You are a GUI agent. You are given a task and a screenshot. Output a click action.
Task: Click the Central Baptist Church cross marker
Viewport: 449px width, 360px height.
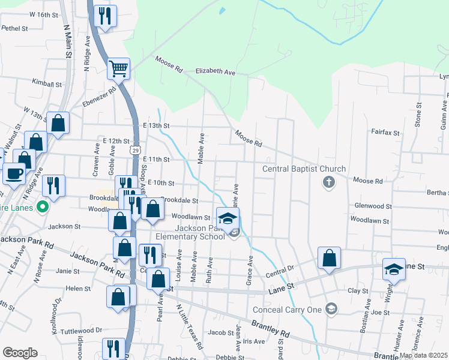[x=328, y=182]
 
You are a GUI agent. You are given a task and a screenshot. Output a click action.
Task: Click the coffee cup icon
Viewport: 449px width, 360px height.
[x=14, y=173]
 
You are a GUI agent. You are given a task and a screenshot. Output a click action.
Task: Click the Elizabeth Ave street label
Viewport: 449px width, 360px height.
[x=215, y=71]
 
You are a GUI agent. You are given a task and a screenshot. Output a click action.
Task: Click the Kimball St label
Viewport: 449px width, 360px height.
[x=47, y=84]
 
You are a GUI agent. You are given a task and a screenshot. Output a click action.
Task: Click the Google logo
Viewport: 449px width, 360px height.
[x=20, y=352]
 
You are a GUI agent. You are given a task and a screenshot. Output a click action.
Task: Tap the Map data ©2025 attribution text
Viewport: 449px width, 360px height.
[x=424, y=355]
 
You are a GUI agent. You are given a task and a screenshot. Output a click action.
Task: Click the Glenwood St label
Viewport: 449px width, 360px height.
[x=373, y=206]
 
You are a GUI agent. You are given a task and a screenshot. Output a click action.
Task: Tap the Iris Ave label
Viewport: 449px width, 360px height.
[x=254, y=341]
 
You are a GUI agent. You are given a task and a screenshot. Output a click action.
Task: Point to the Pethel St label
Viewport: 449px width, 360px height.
[x=15, y=28]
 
